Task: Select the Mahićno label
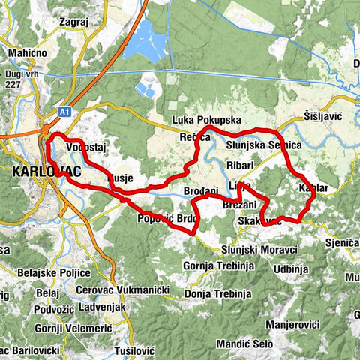[27, 53]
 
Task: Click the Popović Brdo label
[166, 219]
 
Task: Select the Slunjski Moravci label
[259, 249]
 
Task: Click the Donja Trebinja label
[216, 291]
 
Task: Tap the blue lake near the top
[145, 41]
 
